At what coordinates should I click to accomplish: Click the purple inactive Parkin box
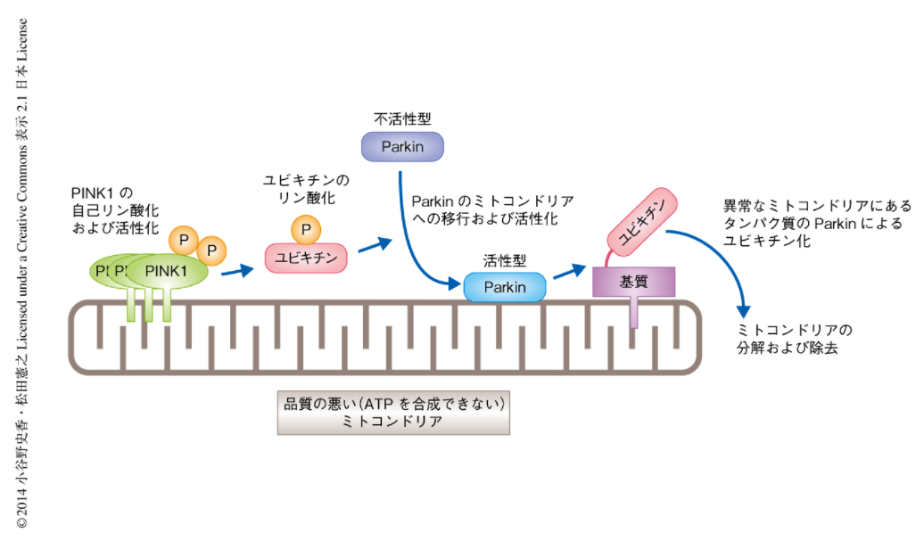click(x=402, y=146)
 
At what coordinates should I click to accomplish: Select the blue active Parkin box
click(x=505, y=287)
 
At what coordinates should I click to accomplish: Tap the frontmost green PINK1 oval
click(x=167, y=272)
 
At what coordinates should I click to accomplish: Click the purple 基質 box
click(x=633, y=282)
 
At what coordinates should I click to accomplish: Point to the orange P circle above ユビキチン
click(x=306, y=230)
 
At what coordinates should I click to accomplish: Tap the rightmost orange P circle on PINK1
click(x=212, y=250)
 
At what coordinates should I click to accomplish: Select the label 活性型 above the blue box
click(x=504, y=261)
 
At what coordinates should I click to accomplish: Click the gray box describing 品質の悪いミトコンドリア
click(x=393, y=412)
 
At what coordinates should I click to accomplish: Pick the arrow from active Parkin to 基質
click(x=569, y=270)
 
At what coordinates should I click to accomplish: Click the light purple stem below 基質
click(x=633, y=313)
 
